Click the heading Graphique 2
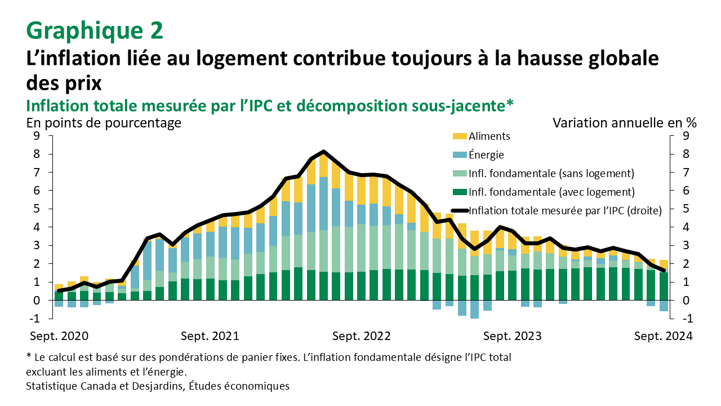pyautogui.click(x=95, y=30)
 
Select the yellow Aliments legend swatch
pyautogui.click(x=460, y=136)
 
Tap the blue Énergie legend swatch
pyautogui.click(x=460, y=155)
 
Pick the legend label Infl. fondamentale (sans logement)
pyautogui.click(x=551, y=173)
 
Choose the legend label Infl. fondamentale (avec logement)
pyautogui.click(x=551, y=192)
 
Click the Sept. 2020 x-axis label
pyautogui.click(x=59, y=336)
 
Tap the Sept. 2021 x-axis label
pyautogui.click(x=210, y=336)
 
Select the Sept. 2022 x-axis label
pyautogui.click(x=361, y=336)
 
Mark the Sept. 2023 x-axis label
pyautogui.click(x=512, y=336)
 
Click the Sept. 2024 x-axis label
pyautogui.click(x=663, y=336)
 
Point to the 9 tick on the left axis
pyautogui.click(x=37, y=136)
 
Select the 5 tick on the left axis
pyautogui.click(x=37, y=209)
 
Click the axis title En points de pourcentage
pyautogui.click(x=104, y=122)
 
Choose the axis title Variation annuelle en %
pyautogui.click(x=625, y=122)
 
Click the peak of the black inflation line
pyautogui.click(x=323, y=152)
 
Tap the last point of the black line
pyautogui.click(x=662, y=270)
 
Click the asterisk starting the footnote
pyautogui.click(x=29, y=357)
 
